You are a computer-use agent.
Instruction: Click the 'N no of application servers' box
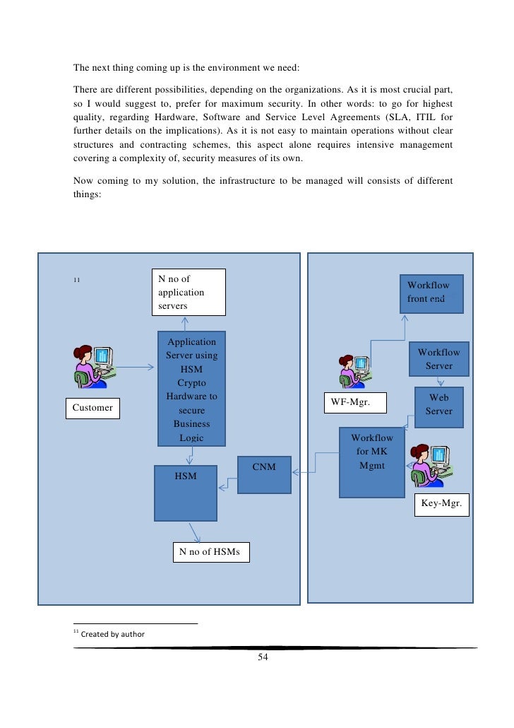[x=189, y=292]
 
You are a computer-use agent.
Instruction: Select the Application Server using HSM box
[x=191, y=389]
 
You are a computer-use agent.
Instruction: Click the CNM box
[x=264, y=474]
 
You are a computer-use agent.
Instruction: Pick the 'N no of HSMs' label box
[x=210, y=552]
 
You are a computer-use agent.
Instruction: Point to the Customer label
[x=93, y=409]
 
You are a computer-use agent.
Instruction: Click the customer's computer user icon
[x=94, y=366]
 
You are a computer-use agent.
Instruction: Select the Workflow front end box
[x=431, y=293]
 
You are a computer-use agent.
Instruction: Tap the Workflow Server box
[x=438, y=359]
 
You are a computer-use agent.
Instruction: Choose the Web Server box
[x=438, y=405]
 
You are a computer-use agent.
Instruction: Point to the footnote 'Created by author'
[x=113, y=635]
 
